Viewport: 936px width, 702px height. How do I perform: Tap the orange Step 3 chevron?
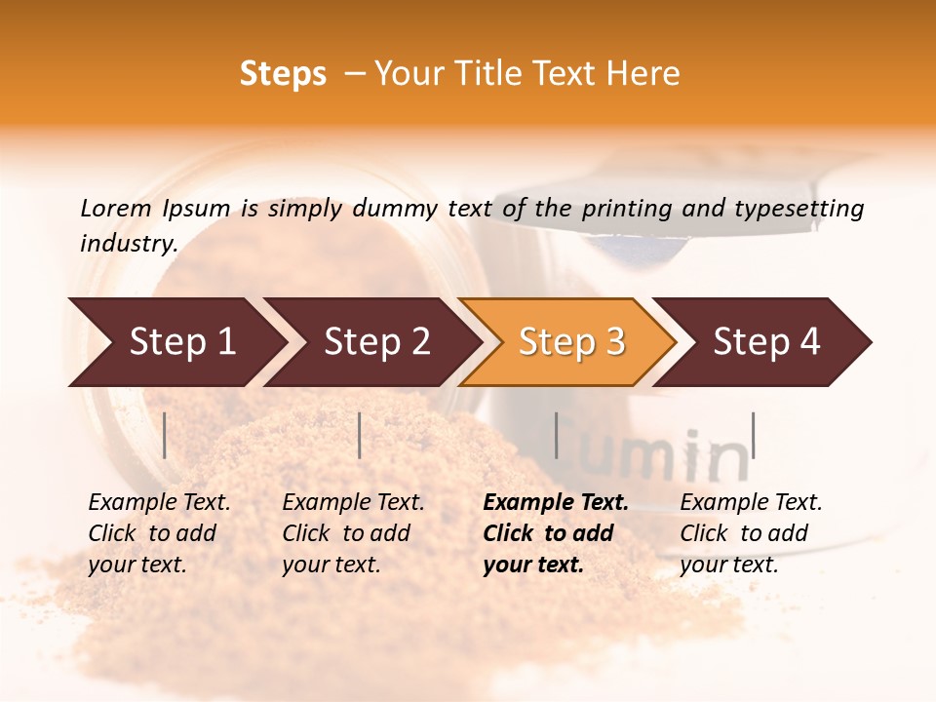[569, 342]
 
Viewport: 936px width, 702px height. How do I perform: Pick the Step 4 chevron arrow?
[764, 342]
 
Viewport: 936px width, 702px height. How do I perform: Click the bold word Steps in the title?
[283, 74]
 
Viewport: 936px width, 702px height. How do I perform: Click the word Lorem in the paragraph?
[115, 208]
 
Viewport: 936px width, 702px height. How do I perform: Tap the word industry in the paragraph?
[128, 243]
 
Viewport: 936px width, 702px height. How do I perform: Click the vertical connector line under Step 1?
[165, 435]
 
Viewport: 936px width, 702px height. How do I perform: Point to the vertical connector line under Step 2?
[360, 435]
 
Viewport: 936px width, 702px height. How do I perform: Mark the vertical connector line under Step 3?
[556, 435]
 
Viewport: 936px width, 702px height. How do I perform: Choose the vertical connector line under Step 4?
[753, 435]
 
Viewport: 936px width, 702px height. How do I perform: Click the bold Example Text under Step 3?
[556, 503]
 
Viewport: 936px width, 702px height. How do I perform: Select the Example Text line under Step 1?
[159, 503]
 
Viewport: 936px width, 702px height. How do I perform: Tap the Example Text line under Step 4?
[751, 503]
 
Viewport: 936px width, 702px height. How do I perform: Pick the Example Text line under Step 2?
[353, 503]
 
